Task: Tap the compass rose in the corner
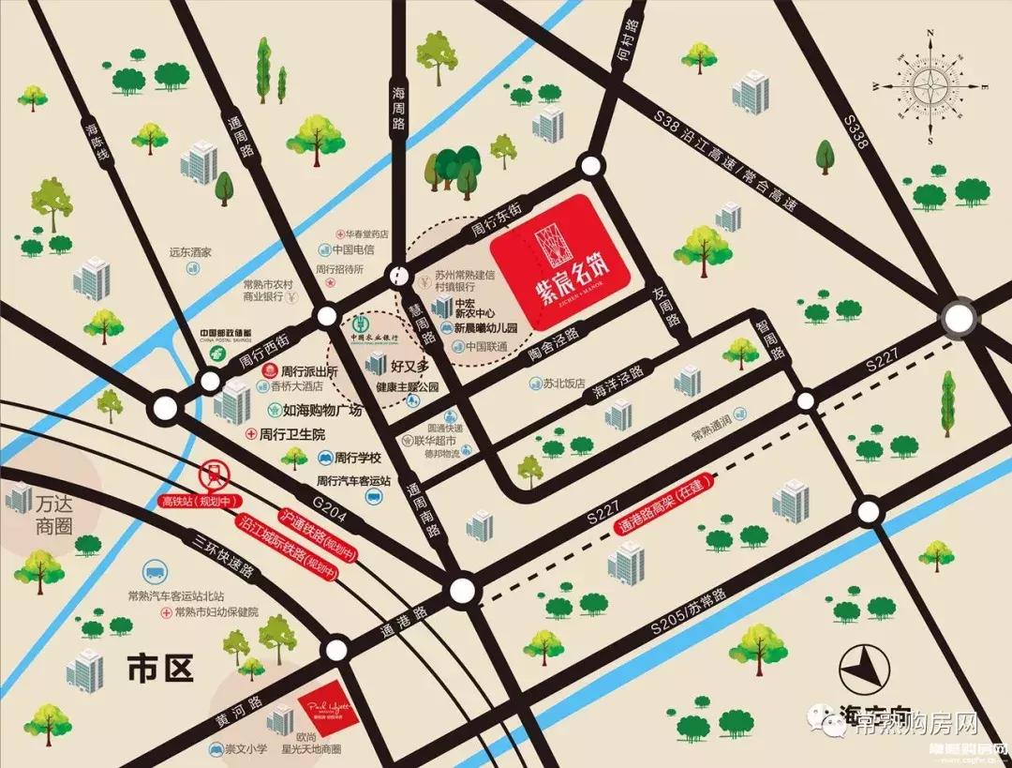point(933,86)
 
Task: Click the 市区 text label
point(159,669)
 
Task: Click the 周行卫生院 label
point(291,434)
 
